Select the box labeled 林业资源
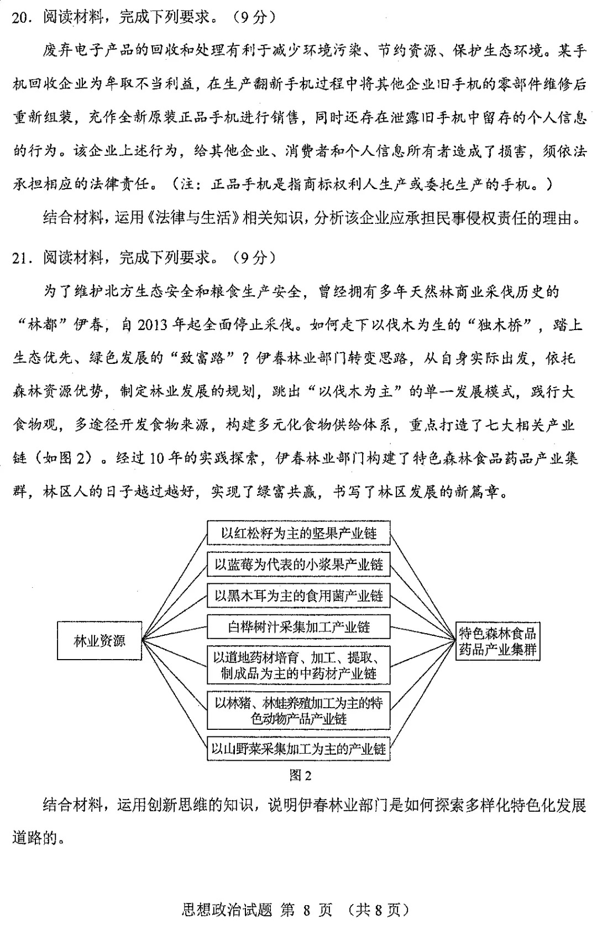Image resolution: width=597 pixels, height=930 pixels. click(99, 641)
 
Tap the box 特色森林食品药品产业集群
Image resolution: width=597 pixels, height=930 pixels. click(498, 641)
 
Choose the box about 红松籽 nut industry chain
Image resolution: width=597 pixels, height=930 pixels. click(298, 533)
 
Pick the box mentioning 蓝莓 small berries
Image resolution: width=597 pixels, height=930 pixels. click(298, 565)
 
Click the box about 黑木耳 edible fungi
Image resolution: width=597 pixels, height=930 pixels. click(298, 596)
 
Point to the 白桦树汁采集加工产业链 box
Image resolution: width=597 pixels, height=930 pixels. click(298, 627)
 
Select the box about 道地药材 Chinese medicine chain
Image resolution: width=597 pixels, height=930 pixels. click(298, 665)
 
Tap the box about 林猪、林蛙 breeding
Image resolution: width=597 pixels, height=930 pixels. click(298, 710)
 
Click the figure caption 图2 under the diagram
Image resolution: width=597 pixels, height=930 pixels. click(300, 776)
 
